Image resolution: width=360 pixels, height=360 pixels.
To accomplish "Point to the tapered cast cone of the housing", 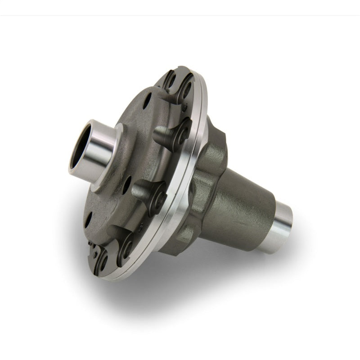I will coord(245,202).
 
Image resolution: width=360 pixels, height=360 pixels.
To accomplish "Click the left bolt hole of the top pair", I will coord(172,81).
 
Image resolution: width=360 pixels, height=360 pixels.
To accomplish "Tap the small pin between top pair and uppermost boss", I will coord(184,106).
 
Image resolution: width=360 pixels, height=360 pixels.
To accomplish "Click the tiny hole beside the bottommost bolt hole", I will coord(93,245).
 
